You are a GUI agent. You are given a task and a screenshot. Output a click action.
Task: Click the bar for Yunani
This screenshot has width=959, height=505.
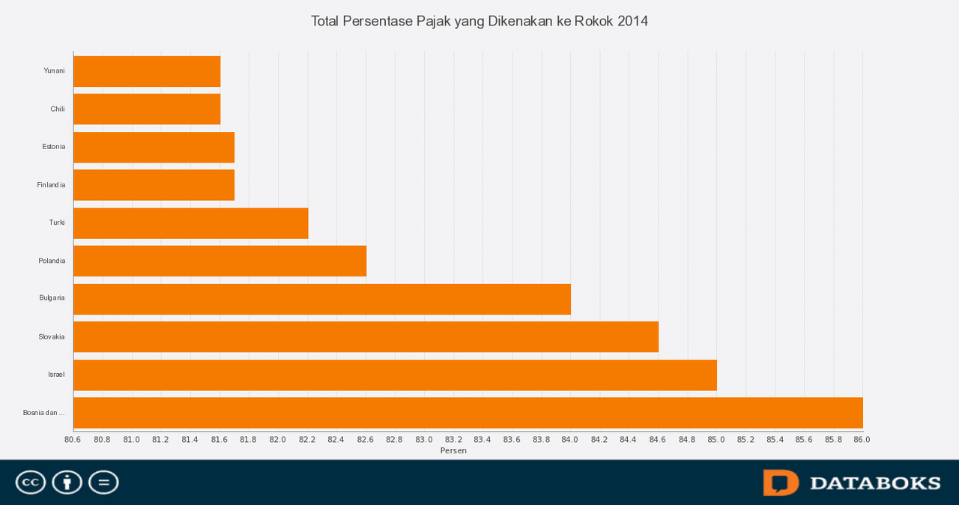(147, 71)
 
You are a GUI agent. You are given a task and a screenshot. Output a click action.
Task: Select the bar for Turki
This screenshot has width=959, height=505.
(190, 223)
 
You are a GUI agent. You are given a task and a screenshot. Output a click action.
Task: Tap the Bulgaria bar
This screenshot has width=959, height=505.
(322, 299)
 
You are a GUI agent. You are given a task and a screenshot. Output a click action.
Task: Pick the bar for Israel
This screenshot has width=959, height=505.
(395, 375)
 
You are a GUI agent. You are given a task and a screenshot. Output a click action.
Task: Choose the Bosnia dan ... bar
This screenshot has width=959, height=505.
(468, 413)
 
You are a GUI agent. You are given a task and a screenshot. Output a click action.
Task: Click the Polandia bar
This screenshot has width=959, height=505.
(220, 261)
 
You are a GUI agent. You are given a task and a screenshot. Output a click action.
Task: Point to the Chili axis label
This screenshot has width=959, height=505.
(58, 109)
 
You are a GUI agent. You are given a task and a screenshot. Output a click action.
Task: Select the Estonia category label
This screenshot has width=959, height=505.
(53, 147)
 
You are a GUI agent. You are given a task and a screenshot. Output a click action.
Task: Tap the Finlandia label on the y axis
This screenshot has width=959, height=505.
(51, 185)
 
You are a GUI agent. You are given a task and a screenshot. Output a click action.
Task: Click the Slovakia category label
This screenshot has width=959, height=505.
(52, 337)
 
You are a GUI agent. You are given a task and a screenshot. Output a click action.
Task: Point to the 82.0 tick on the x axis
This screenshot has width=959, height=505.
(278, 440)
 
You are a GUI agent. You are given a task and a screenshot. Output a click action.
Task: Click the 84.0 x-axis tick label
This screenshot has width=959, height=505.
(570, 440)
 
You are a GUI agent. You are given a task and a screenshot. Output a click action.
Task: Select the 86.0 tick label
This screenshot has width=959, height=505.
(862, 440)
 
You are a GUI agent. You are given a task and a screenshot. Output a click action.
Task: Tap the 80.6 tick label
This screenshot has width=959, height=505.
(73, 440)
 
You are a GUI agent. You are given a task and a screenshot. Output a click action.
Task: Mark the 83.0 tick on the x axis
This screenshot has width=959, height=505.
(424, 440)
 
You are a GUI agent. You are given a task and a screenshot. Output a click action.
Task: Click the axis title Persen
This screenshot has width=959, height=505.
(453, 451)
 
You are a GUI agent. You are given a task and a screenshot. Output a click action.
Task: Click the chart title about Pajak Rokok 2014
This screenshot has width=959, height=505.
(479, 21)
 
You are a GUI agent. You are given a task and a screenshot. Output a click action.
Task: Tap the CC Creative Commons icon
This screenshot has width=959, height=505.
(31, 483)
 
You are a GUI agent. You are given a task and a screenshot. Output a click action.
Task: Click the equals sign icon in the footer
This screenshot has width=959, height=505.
(103, 483)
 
